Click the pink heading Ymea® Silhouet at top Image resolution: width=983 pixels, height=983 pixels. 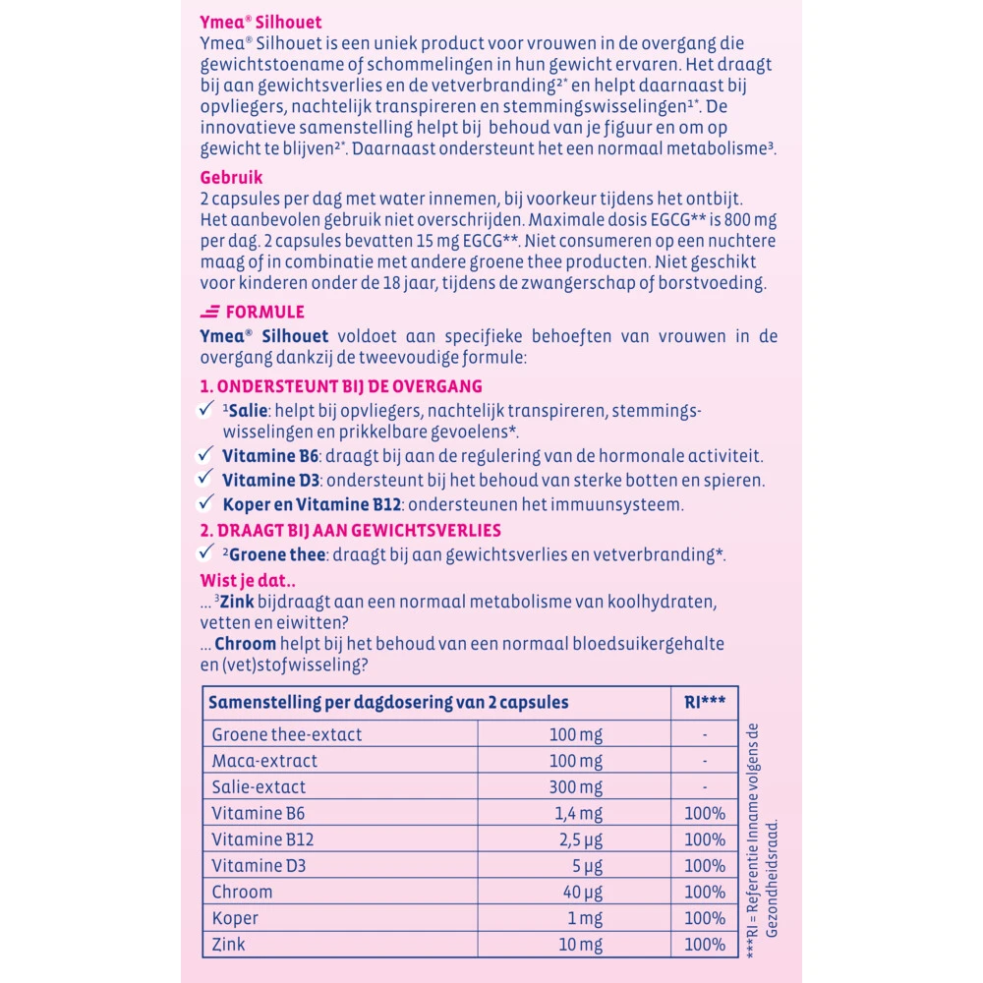[260, 22]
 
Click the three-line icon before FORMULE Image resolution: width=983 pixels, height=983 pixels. [209, 312]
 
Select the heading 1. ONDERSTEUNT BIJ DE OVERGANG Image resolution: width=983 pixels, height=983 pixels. [341, 386]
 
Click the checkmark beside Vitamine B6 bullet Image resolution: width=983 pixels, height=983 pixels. [205, 454]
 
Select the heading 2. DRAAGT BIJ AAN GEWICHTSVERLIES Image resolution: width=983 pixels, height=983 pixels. [350, 530]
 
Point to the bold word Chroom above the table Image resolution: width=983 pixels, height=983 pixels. [244, 643]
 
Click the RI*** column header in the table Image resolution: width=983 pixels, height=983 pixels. [705, 702]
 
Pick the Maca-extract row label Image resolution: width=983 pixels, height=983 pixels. [264, 761]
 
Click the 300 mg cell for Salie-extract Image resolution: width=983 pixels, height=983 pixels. [577, 787]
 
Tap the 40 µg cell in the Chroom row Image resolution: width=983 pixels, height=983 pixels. [581, 892]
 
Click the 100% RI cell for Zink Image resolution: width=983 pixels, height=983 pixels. [705, 945]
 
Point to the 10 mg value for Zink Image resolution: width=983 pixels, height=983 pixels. [581, 945]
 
